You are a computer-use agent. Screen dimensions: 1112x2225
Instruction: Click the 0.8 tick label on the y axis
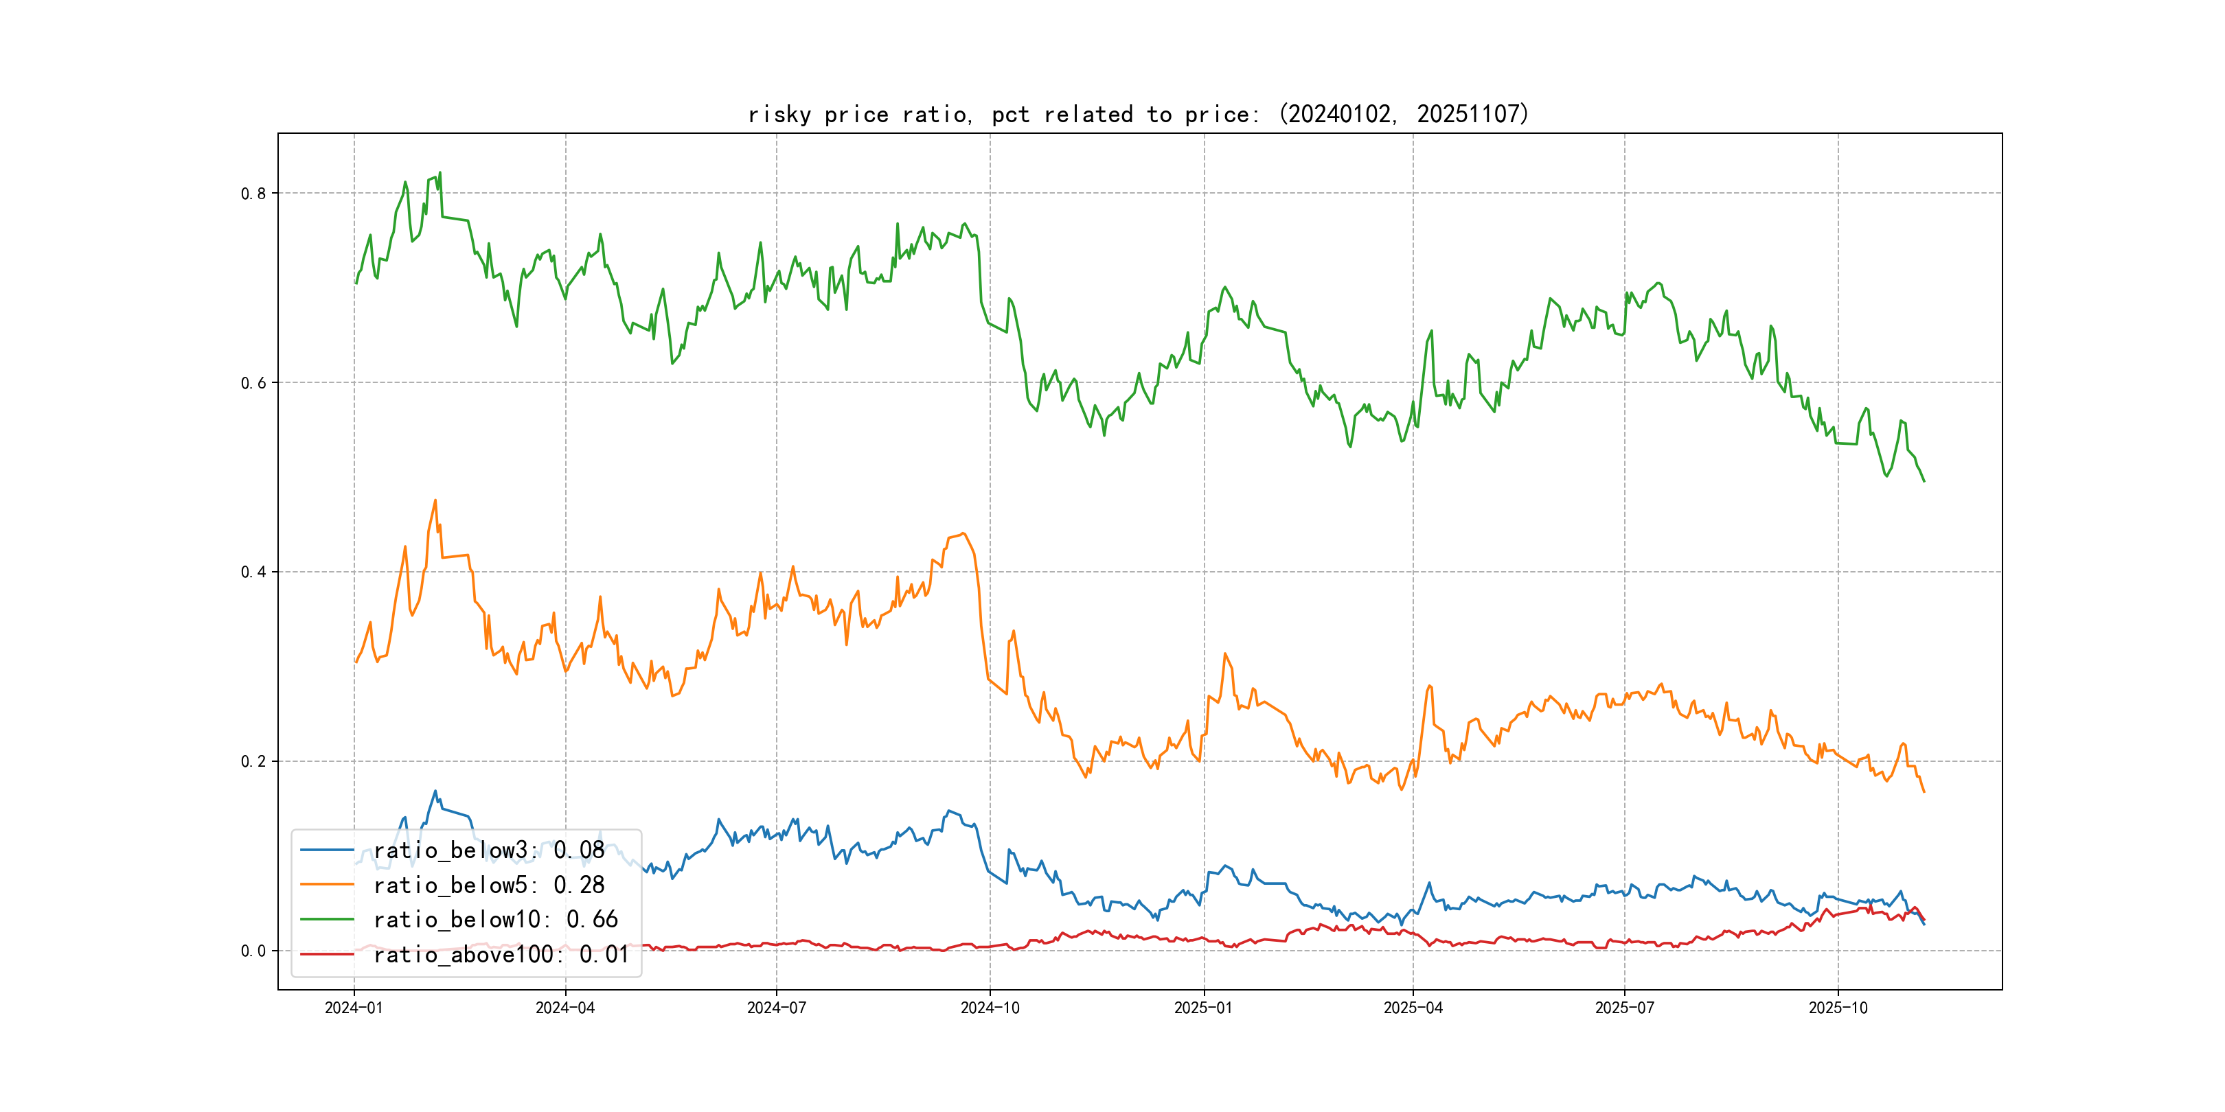(x=253, y=194)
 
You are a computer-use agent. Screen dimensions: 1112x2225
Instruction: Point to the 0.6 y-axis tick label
(x=253, y=383)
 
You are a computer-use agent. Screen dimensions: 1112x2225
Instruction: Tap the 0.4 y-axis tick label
(x=253, y=572)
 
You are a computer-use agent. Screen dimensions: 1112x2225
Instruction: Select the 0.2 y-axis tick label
(x=253, y=761)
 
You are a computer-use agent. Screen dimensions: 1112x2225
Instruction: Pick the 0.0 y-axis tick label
(x=253, y=951)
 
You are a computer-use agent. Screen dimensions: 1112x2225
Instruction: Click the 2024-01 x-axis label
(x=353, y=1008)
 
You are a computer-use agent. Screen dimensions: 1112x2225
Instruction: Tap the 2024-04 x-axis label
(x=565, y=1008)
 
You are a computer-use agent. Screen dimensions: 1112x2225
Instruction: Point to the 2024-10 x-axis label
(x=990, y=1008)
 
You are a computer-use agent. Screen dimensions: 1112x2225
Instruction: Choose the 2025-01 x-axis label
(x=1203, y=1008)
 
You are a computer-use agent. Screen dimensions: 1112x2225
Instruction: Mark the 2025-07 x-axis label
(x=1625, y=1008)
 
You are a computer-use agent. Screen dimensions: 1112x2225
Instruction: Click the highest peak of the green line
(x=440, y=173)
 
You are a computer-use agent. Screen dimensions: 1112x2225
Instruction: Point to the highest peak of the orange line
(x=435, y=500)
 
